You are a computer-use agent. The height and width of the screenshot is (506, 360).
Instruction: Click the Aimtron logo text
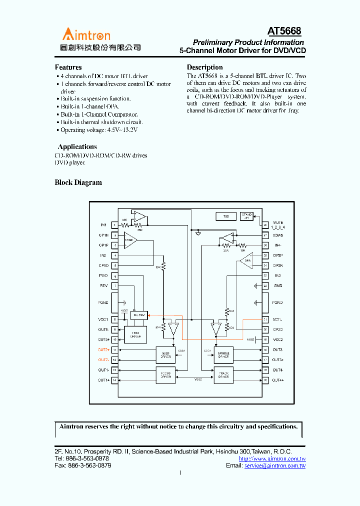tap(86, 34)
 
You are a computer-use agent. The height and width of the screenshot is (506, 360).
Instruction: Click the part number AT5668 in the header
tap(284, 31)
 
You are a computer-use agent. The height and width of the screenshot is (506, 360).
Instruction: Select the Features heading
tap(68, 67)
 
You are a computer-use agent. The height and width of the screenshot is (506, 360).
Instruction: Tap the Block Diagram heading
tap(78, 182)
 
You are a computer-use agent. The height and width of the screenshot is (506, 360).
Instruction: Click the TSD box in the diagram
tap(226, 216)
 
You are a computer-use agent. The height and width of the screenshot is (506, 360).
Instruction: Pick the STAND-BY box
tap(246, 215)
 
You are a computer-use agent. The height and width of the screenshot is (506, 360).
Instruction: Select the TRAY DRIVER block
tap(135, 335)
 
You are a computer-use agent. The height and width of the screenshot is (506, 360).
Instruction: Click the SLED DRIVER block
tap(166, 355)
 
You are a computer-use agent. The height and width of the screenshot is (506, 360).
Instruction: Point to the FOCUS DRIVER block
tap(166, 375)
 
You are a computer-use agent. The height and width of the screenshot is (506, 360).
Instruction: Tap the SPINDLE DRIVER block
tap(224, 355)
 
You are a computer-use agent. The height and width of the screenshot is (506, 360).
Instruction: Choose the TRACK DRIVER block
tap(224, 375)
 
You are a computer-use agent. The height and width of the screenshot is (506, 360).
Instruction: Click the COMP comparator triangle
tap(129, 240)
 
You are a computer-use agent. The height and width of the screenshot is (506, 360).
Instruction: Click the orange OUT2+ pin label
tap(103, 350)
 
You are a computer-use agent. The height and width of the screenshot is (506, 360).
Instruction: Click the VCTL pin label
tap(277, 319)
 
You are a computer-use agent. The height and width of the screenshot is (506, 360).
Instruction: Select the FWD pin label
tap(103, 275)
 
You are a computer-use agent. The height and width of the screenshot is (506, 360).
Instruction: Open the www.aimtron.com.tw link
tap(272, 458)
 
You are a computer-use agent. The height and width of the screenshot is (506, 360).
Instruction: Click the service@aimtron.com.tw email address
tap(274, 465)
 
